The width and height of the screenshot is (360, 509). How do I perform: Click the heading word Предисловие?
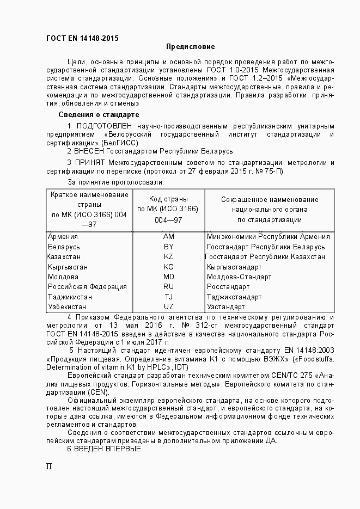(190, 47)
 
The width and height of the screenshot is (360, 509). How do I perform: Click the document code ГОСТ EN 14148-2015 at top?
(82, 38)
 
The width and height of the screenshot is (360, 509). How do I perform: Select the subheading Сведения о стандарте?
(99, 115)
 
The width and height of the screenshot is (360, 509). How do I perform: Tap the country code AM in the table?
(168, 237)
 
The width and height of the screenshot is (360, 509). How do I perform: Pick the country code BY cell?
(168, 247)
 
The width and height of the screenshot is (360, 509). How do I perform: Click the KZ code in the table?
(168, 257)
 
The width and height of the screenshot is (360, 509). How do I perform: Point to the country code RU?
(168, 287)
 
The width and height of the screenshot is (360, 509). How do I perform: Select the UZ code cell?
(168, 307)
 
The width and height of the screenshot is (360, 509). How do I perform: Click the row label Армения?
(63, 237)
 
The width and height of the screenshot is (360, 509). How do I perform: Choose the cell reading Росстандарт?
(228, 287)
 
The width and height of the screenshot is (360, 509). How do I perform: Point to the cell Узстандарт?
(226, 307)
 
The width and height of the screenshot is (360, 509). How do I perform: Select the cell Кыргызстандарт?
(234, 267)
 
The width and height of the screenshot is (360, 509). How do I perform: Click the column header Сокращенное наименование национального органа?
(269, 210)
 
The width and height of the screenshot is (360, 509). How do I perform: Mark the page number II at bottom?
(48, 467)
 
